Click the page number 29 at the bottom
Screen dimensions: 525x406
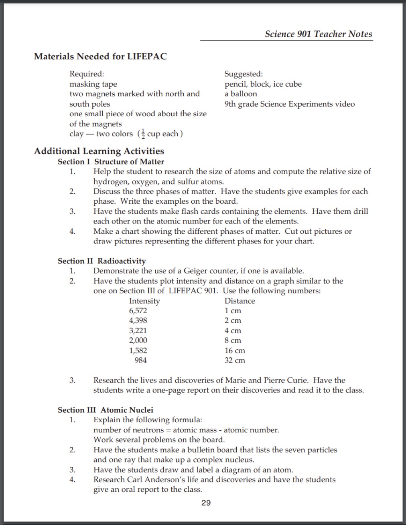point(206,503)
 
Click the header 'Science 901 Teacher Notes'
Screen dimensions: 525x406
point(319,34)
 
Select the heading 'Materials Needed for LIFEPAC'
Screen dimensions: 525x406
point(100,57)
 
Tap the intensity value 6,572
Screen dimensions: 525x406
point(138,311)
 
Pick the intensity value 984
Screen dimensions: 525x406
point(140,360)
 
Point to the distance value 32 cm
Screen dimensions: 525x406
point(235,360)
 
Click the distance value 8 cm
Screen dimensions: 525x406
point(233,341)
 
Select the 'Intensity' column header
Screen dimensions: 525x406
point(144,301)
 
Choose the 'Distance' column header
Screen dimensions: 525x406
point(240,301)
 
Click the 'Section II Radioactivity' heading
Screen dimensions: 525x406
point(101,261)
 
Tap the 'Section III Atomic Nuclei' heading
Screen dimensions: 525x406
point(106,410)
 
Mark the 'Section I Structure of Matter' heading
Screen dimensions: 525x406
point(111,162)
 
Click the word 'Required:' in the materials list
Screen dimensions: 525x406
point(87,74)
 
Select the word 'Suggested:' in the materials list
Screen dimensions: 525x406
point(244,74)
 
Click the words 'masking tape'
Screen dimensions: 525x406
point(93,84)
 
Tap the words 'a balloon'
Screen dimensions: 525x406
point(241,94)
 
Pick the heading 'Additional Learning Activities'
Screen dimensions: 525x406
point(99,151)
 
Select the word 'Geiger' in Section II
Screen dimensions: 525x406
point(196,271)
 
